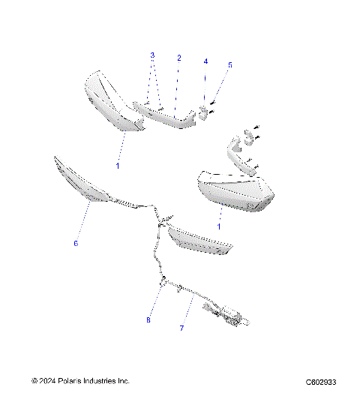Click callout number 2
click(178, 57)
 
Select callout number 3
click(152, 55)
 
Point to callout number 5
click(230, 65)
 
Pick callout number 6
click(75, 243)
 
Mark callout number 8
click(148, 320)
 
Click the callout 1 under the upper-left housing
click(117, 163)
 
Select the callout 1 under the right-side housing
click(219, 225)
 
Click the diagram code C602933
click(321, 381)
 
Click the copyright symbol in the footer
click(34, 381)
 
